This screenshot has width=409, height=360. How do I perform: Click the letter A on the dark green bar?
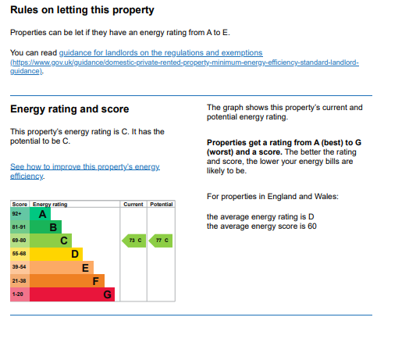[x=42, y=214]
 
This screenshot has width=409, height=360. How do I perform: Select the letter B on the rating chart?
[x=53, y=227]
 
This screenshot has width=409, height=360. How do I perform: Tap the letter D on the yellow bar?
[x=75, y=254]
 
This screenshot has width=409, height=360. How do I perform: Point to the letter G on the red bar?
[x=108, y=294]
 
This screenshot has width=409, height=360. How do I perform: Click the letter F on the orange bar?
[x=96, y=281]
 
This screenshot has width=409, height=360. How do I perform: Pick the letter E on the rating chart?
[x=85, y=268]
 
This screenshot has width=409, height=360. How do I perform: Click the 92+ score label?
[x=16, y=214]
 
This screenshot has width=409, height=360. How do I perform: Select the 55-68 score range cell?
[x=20, y=254]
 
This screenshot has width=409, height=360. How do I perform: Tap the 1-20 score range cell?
[x=20, y=294]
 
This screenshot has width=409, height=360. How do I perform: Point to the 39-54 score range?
[x=19, y=267]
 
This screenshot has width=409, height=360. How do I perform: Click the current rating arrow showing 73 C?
[x=133, y=241]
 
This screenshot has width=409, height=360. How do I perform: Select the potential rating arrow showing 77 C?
[x=161, y=241]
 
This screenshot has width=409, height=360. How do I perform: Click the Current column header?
[x=133, y=204]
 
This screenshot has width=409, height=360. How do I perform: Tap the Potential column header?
[x=162, y=204]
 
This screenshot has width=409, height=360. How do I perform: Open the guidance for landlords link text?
[x=161, y=53]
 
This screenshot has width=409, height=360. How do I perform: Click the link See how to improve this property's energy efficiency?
[x=85, y=171]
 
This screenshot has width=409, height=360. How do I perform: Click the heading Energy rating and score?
[x=69, y=109]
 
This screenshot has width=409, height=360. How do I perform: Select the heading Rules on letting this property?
[x=82, y=10]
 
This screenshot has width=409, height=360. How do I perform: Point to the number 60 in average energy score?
[x=312, y=226]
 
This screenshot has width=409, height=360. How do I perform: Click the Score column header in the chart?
[x=20, y=204]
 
